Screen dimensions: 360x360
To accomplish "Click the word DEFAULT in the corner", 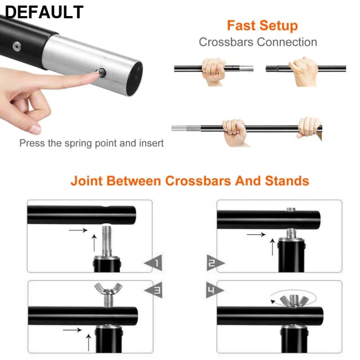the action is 44,12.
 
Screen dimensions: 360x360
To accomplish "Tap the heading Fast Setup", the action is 263,25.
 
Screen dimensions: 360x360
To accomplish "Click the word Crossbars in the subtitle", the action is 226,42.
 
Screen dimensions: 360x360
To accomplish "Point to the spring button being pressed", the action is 101,73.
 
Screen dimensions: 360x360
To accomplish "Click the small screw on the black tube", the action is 17,47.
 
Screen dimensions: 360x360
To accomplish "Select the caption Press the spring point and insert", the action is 91,143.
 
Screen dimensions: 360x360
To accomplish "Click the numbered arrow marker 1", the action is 153,263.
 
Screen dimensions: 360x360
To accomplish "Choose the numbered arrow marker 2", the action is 215,263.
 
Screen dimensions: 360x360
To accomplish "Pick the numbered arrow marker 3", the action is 153,290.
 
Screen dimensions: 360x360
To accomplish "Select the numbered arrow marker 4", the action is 215,290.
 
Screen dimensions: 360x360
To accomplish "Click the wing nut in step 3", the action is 109,289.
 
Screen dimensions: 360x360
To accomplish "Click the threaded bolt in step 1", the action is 106,240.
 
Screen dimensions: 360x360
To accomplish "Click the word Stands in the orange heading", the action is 287,181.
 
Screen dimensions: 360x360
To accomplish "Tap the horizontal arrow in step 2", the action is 256,234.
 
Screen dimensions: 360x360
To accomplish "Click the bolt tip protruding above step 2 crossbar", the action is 291,209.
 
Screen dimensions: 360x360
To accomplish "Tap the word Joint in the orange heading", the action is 87,181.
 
